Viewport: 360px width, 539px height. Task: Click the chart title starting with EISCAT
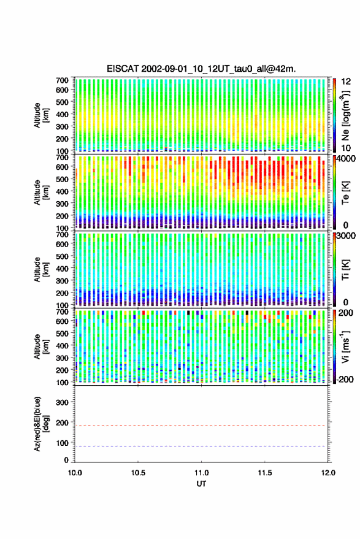click(x=201, y=69)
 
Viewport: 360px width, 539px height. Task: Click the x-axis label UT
click(x=201, y=484)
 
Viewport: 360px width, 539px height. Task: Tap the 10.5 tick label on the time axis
click(x=138, y=473)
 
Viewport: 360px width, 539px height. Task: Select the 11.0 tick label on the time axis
click(x=201, y=473)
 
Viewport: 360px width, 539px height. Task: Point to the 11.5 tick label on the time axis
click(x=264, y=473)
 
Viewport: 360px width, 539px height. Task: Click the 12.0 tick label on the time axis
click(x=327, y=473)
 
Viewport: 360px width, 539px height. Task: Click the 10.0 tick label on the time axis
click(x=75, y=473)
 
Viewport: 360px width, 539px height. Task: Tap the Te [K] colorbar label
click(x=346, y=193)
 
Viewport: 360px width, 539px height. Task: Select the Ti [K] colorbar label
click(x=346, y=270)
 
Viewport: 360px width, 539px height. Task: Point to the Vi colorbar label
click(x=346, y=346)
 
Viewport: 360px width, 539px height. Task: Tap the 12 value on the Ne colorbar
click(x=346, y=82)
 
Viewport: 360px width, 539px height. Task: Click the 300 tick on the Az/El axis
click(x=62, y=402)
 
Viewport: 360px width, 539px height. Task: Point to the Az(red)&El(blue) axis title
click(x=40, y=424)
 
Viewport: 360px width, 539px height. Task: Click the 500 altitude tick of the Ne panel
click(x=62, y=102)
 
